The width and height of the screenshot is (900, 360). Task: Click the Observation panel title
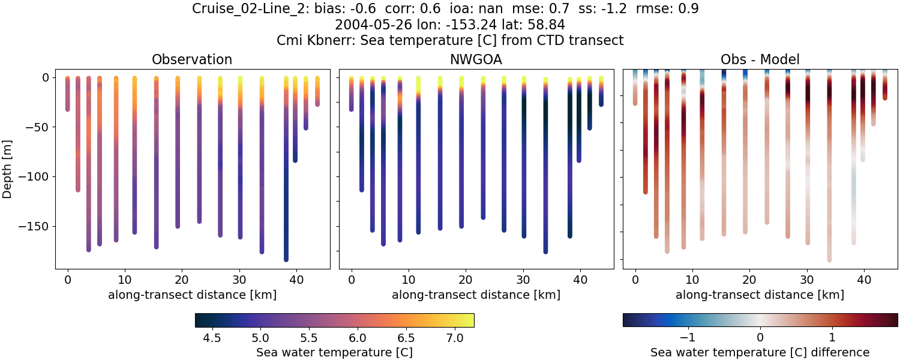click(x=192, y=59)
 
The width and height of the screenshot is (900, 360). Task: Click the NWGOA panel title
click(x=476, y=59)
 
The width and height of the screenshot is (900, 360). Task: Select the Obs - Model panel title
click(x=760, y=59)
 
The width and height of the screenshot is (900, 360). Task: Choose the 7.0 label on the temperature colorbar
click(x=454, y=338)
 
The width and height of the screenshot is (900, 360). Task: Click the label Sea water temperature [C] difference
click(x=760, y=352)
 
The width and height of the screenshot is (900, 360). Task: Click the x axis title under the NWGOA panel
click(x=476, y=295)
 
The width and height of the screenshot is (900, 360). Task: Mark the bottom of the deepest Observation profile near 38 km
click(x=286, y=259)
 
